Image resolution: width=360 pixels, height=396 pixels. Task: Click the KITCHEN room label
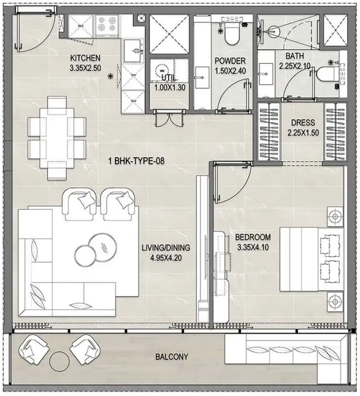pos(85,58)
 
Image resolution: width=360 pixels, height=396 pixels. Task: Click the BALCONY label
pos(172,357)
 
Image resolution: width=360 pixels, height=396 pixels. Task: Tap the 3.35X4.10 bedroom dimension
pos(254,247)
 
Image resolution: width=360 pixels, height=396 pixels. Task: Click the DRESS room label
pos(303,124)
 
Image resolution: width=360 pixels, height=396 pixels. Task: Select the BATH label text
pos(294,56)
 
